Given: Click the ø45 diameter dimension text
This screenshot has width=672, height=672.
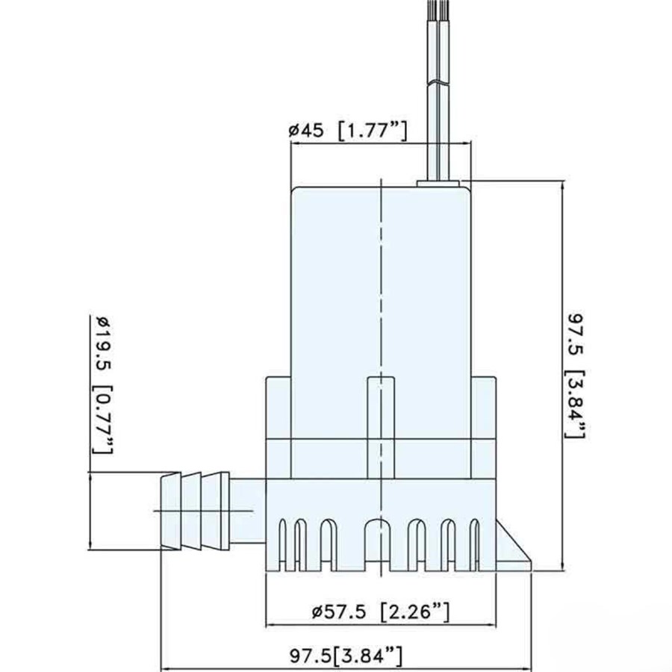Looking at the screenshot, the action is [x=306, y=130].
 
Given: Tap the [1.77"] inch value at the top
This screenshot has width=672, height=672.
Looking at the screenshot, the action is [x=372, y=131].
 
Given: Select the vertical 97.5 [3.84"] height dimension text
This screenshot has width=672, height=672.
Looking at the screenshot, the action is [x=576, y=375].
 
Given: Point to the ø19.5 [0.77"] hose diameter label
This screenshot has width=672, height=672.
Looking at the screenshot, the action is [x=104, y=385].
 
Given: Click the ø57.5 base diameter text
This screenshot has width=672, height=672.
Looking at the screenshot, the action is [x=339, y=612].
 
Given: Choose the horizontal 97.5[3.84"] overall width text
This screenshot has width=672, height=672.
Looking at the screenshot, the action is [x=346, y=656].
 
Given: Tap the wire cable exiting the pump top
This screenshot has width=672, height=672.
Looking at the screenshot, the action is [x=438, y=90].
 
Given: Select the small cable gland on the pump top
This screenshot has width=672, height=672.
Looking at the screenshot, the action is [x=438, y=184].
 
